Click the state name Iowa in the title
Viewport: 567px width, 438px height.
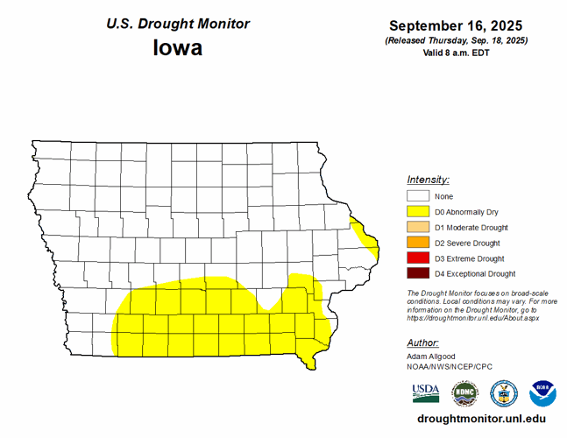click(x=178, y=47)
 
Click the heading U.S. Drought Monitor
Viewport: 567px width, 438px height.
click(x=178, y=24)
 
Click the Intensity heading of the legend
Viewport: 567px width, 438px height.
click(x=428, y=179)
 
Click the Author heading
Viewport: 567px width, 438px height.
click(x=423, y=343)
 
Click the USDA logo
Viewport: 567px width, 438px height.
click(x=426, y=392)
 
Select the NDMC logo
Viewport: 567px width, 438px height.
click(x=464, y=392)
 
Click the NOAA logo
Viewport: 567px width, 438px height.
click(x=542, y=392)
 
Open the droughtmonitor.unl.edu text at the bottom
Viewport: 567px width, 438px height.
click(x=476, y=420)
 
